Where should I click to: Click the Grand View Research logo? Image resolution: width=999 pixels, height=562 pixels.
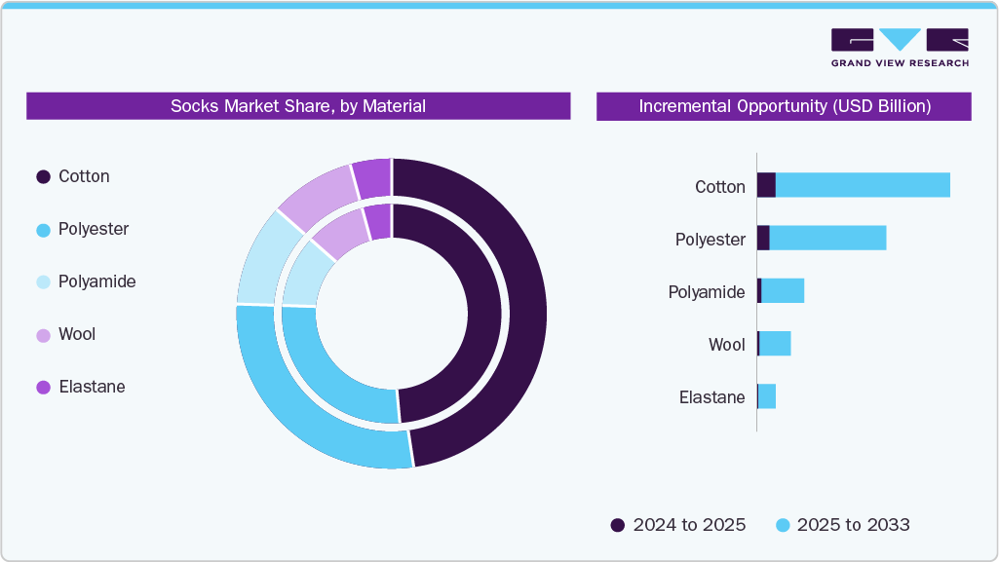point(900,47)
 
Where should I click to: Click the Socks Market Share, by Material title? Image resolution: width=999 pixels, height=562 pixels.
point(298,106)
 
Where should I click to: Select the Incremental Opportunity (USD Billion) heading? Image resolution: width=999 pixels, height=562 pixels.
point(784,106)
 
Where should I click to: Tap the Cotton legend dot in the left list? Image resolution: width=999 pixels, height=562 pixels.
point(43,177)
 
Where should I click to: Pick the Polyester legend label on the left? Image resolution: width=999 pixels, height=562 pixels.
point(94,229)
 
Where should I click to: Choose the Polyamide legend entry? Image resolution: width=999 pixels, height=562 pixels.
point(96,281)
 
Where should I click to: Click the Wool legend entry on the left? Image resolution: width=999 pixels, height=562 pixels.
point(77,334)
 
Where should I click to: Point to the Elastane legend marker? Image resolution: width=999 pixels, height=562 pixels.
point(43,387)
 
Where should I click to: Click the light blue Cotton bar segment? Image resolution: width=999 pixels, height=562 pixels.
point(863,185)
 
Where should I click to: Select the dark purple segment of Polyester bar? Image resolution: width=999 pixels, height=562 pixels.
point(763,238)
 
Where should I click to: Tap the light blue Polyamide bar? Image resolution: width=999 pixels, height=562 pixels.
point(783,290)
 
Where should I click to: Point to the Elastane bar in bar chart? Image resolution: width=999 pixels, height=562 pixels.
point(767,396)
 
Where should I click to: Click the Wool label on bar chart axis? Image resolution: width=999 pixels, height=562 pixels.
point(726,345)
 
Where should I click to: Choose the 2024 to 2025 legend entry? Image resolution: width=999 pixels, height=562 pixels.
point(678,525)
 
